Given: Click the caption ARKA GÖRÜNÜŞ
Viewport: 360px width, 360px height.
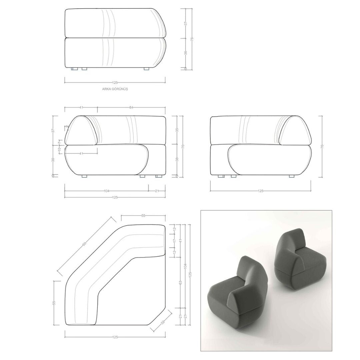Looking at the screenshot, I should tap(115, 89).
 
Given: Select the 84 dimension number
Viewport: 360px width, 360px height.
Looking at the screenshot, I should tap(131, 107).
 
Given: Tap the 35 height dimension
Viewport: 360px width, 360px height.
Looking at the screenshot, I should tap(177, 130).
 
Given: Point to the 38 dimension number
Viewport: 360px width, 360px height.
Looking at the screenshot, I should tap(177, 159).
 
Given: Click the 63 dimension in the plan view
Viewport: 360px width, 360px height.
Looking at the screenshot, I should tap(180, 282).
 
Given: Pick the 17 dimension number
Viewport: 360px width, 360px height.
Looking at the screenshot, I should tap(174, 240).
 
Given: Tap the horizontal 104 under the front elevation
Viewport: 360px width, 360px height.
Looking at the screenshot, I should tap(107, 191).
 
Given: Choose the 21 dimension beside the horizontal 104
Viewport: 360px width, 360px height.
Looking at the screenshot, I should tap(157, 191).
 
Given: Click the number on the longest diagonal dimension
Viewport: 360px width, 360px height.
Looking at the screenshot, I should tap(84, 244).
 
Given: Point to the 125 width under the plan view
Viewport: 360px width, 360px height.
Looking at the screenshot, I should tap(115, 337).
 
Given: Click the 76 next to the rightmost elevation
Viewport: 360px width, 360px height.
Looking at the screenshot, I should tap(322, 146).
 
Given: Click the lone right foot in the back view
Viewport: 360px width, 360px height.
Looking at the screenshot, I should tap(146, 69).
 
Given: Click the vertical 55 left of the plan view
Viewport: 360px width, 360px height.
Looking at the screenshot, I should tap(54, 303).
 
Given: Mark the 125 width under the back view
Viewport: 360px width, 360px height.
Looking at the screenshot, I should tap(115, 82).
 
